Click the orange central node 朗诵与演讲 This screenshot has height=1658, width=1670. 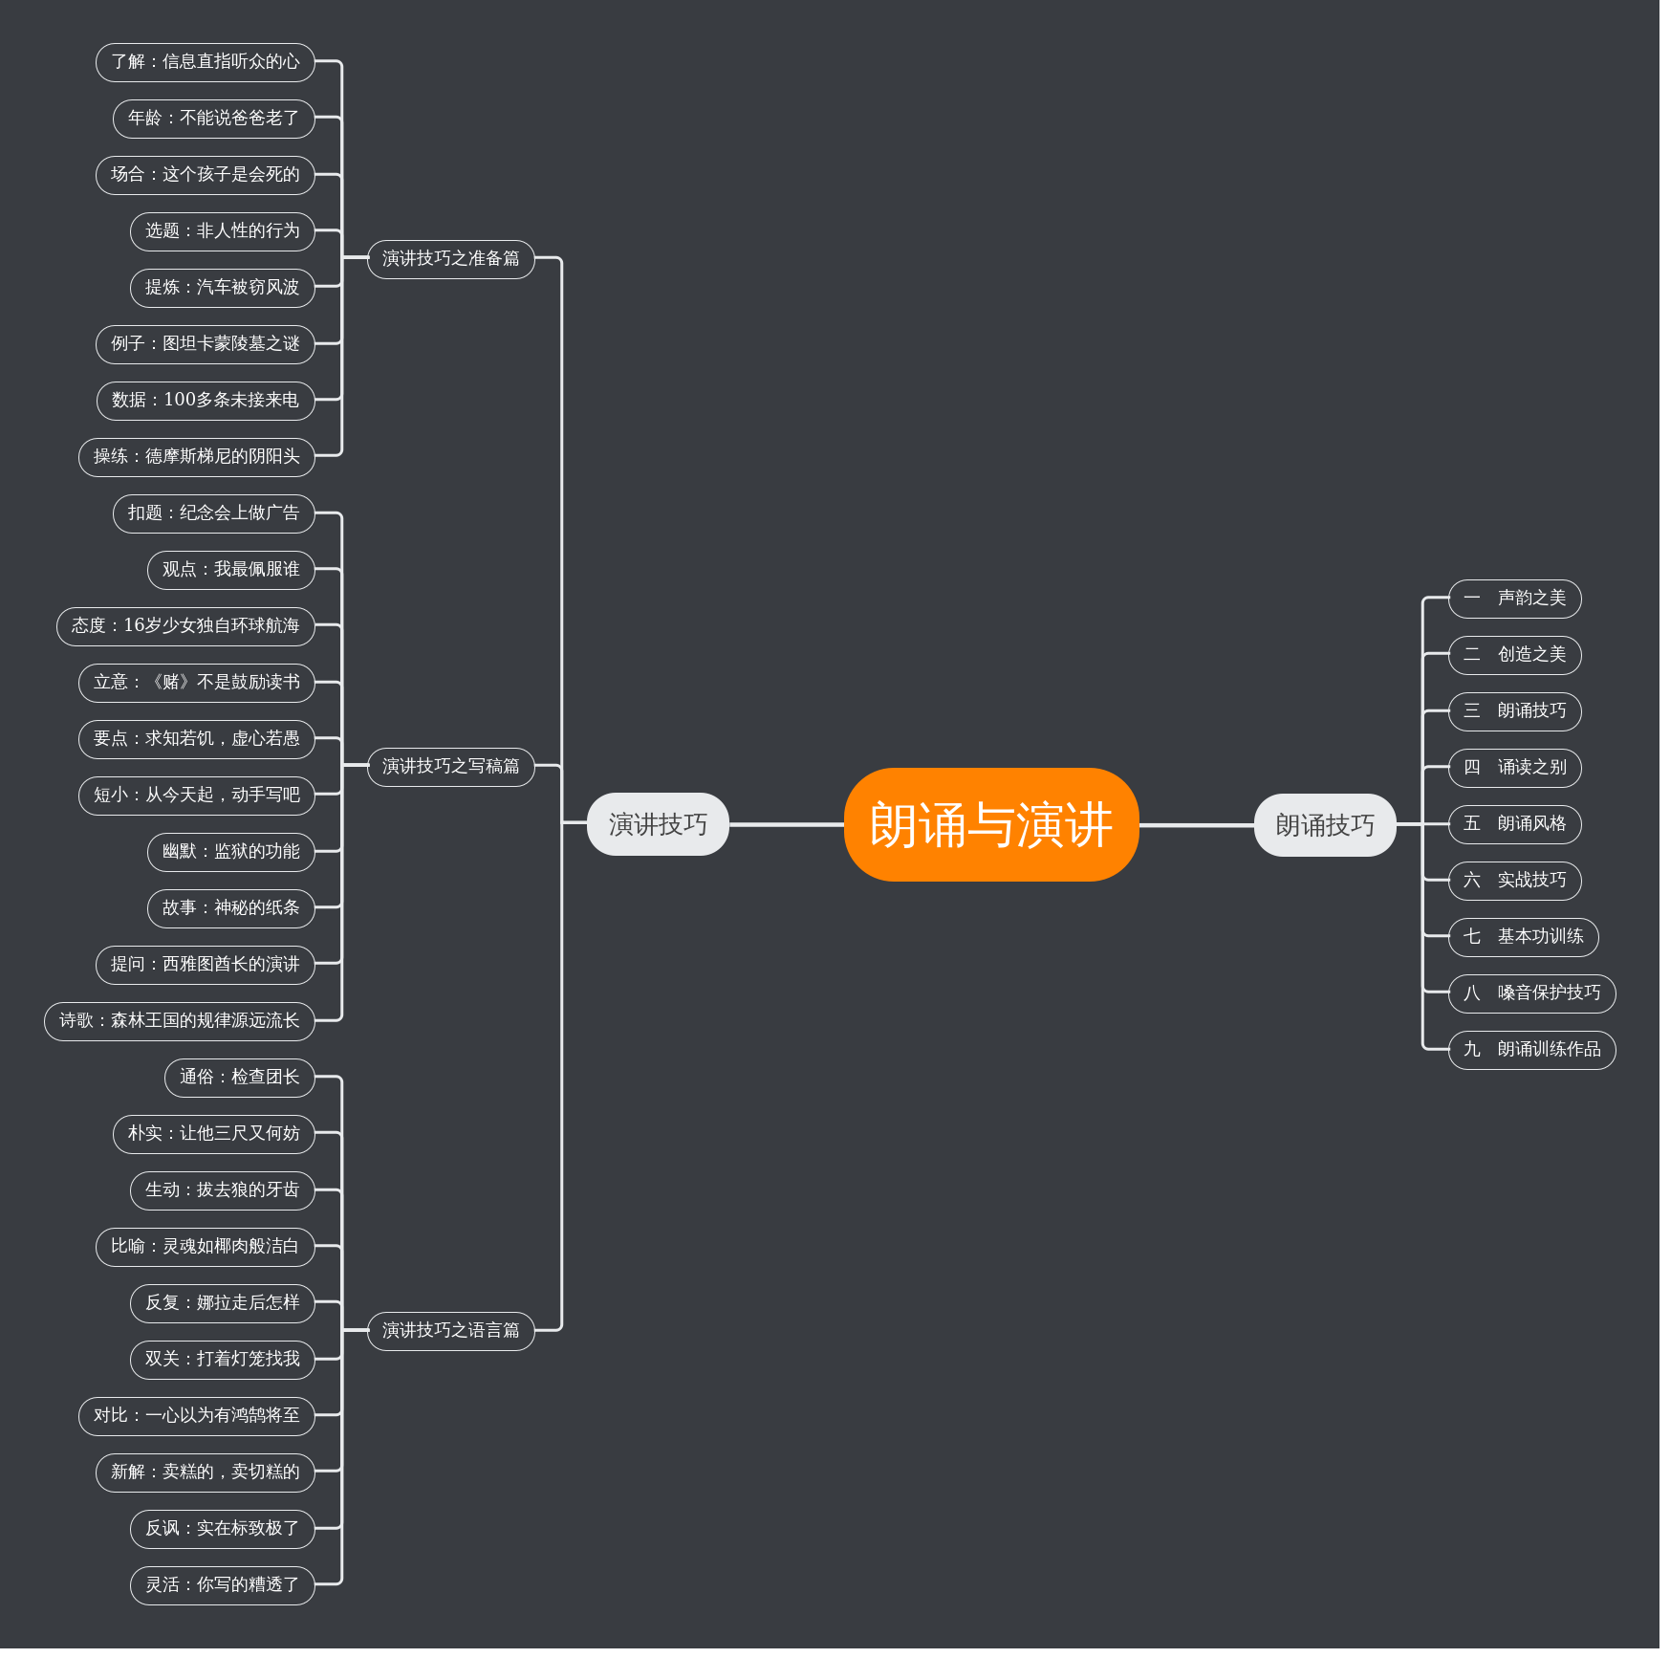pos(990,824)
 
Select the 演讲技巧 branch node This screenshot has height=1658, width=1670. pos(658,824)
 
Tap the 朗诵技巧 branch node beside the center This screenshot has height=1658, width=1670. pos(1324,825)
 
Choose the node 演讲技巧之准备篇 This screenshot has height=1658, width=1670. pos(450,259)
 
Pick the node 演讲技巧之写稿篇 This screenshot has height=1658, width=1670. pos(450,767)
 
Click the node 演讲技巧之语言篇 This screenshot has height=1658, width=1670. pos(450,1331)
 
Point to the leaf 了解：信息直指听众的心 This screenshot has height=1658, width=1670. pos(205,62)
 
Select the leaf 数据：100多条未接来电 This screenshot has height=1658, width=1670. pos(205,401)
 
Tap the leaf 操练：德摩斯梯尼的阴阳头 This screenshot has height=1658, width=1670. pos(196,457)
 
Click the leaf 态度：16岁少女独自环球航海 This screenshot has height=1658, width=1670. pos(185,626)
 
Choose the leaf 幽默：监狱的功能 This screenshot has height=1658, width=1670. pos(230,852)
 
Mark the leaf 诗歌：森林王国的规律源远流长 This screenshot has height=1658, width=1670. pos(179,1021)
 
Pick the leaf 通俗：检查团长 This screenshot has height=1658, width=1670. pos(239,1078)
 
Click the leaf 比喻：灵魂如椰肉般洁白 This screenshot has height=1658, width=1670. pos(205,1247)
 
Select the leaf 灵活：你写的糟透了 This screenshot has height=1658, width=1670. pos(222,1585)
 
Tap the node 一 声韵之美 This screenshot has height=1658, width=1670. pos(1514,599)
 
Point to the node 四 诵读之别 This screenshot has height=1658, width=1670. pos(1514,768)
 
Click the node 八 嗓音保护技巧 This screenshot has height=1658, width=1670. pos(1531,993)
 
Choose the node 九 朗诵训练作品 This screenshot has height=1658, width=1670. pos(1531,1050)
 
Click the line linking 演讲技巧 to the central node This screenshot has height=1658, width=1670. pos(786,824)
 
